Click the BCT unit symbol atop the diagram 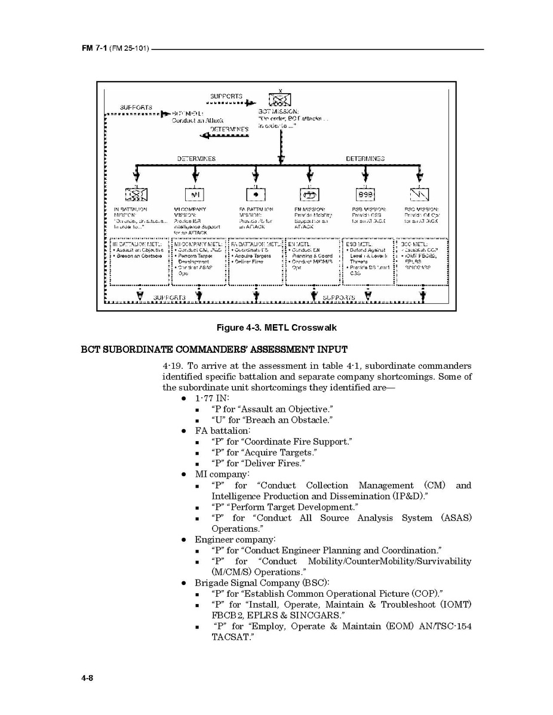(x=280, y=100)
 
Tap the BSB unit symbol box (x=365, y=195)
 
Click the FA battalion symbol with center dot (x=256, y=195)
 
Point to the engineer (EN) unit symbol (x=309, y=195)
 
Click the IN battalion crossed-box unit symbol (x=137, y=195)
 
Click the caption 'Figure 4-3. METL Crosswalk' (x=276, y=328)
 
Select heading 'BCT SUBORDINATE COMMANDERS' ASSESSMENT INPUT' (x=214, y=349)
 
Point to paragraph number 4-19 (x=173, y=366)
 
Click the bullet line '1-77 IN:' (x=212, y=398)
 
